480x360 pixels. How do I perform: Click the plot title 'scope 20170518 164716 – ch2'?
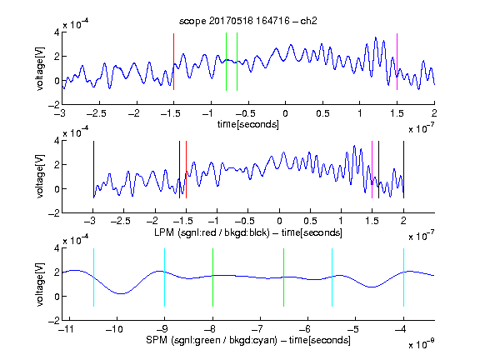(248, 21)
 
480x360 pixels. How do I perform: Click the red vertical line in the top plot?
(173, 62)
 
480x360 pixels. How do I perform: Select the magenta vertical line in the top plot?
(397, 62)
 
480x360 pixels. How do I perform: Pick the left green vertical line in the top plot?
(226, 62)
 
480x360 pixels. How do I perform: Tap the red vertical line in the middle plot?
(186, 170)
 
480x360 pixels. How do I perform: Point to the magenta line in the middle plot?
(372, 170)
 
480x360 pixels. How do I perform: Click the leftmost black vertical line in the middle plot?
(93, 170)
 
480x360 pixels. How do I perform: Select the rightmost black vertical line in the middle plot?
(403, 170)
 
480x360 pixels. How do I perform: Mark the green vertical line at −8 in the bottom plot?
(212, 277)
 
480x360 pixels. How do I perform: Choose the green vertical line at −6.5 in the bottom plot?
(284, 277)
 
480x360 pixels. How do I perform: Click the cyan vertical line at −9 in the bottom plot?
(165, 277)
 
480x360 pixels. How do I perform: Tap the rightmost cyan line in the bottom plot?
(403, 277)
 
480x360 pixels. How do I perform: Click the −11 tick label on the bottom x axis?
(67, 329)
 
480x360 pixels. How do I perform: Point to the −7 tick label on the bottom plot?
(257, 329)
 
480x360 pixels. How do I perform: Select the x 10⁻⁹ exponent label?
(421, 344)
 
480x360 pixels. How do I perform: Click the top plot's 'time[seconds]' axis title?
(248, 124)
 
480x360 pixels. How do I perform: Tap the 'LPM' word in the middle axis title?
(164, 232)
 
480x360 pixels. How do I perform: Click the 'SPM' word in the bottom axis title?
(157, 340)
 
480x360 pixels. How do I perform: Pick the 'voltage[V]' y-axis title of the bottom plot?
(40, 284)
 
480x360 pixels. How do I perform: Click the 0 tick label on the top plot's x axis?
(285, 113)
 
